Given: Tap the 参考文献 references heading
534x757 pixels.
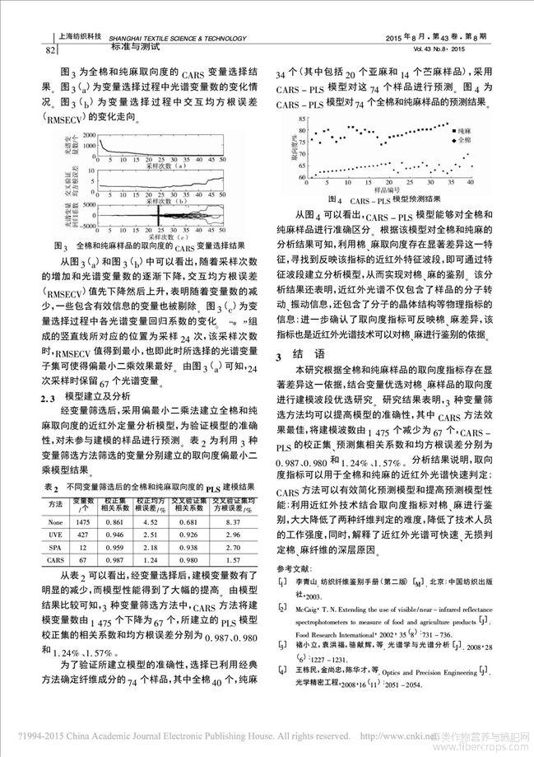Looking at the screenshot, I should (294, 569).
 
